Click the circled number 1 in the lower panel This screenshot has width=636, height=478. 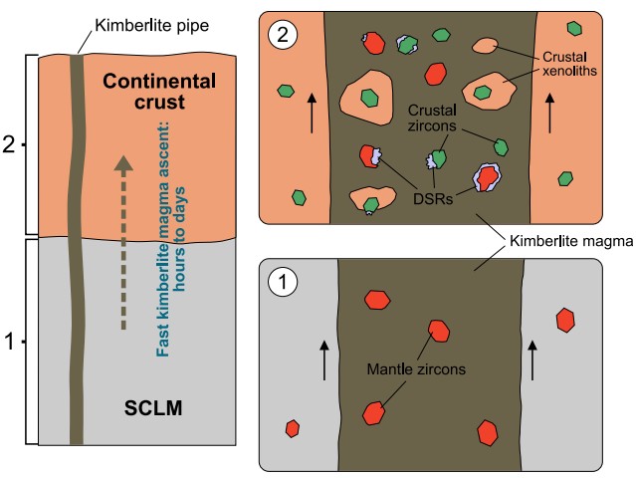click(x=281, y=281)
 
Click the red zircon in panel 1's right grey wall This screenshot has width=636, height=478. click(x=565, y=320)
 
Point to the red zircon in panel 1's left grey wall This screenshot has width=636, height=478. click(x=292, y=428)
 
